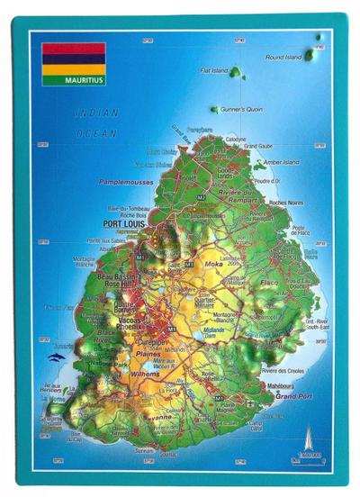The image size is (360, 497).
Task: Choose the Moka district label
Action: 213,266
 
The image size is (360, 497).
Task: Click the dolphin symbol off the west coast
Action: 59,357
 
